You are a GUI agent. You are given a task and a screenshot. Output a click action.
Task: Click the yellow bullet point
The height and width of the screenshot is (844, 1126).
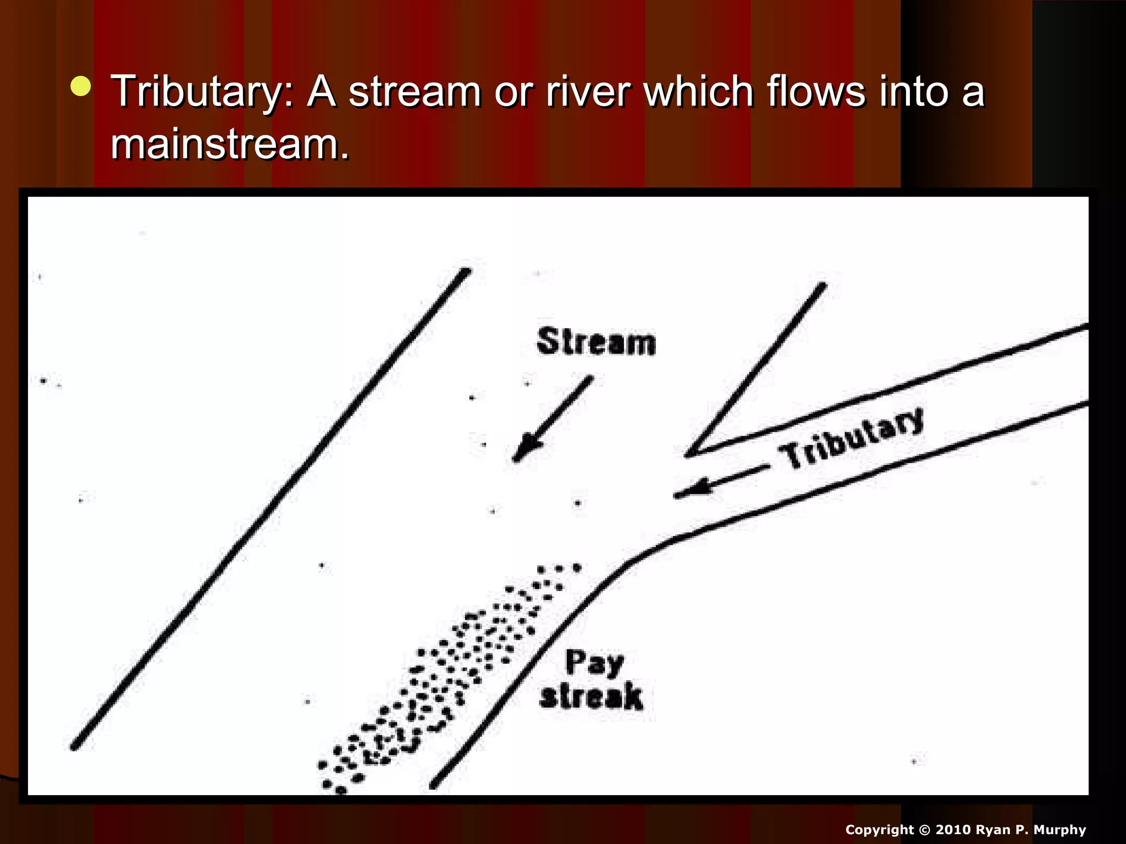[x=81, y=87]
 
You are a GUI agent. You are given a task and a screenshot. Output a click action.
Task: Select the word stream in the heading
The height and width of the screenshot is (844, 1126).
[x=415, y=92]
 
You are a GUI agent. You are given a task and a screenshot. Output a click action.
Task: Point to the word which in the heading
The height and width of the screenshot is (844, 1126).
[x=698, y=91]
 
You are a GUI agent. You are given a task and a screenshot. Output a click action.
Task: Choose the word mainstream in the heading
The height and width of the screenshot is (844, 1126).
[x=230, y=145]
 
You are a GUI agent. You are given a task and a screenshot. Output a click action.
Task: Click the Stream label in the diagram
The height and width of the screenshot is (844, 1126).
[x=596, y=342]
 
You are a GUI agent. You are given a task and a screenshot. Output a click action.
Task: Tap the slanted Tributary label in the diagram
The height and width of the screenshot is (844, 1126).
[x=851, y=438]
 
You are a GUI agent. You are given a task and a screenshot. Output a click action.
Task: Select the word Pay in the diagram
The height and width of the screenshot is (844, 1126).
[x=594, y=663]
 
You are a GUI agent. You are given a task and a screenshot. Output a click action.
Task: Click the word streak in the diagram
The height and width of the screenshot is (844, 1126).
[x=591, y=697]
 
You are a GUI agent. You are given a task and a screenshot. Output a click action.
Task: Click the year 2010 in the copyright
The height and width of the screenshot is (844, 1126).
[x=953, y=830]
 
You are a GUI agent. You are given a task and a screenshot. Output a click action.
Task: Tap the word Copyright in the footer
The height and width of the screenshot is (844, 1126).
[x=879, y=830]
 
